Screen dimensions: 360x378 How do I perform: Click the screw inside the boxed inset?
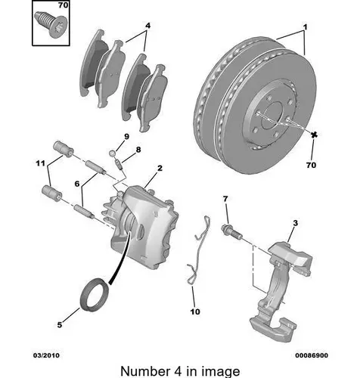pyautogui.click(x=51, y=24)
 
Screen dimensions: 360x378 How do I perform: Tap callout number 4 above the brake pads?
pyautogui.click(x=147, y=26)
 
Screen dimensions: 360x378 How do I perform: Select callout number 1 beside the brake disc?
pyautogui.click(x=305, y=26)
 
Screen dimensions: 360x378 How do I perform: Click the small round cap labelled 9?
pyautogui.click(x=113, y=153)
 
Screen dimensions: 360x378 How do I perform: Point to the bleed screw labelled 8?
pyautogui.click(x=119, y=164)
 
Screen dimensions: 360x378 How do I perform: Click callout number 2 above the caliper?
pyautogui.click(x=160, y=168)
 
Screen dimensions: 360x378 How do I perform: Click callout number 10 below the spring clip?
pyautogui.click(x=195, y=311)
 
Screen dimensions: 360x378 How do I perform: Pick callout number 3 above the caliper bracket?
pyautogui.click(x=295, y=223)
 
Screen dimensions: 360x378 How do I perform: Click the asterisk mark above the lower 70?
pyautogui.click(x=314, y=135)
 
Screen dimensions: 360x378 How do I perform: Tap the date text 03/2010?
pyautogui.click(x=47, y=355)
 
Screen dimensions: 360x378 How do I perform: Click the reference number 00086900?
pyautogui.click(x=312, y=355)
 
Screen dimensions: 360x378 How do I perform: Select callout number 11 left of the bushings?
pyautogui.click(x=40, y=163)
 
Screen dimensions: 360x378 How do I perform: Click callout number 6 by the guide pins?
pyautogui.click(x=77, y=184)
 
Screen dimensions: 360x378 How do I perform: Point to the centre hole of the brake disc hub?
pyautogui.click(x=272, y=116)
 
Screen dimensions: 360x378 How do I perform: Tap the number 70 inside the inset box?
pyautogui.click(x=63, y=5)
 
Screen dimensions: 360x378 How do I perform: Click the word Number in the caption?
pyautogui.click(x=145, y=371)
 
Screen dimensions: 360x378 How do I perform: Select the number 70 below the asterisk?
pyautogui.click(x=311, y=165)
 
